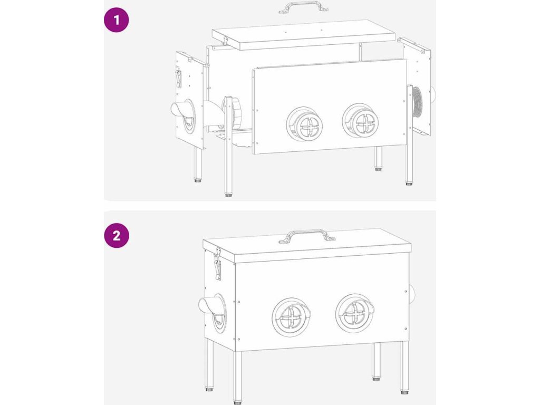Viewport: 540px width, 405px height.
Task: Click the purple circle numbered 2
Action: click(x=117, y=236)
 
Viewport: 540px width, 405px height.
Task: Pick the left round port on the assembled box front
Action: click(x=291, y=316)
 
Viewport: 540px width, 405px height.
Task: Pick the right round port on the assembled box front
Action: click(x=355, y=313)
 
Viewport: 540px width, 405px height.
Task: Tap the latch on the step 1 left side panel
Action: click(x=178, y=78)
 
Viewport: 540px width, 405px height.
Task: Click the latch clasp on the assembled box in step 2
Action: click(x=218, y=264)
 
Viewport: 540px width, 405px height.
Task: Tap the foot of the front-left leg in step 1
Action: click(x=228, y=195)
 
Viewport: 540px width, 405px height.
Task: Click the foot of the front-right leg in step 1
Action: click(x=409, y=184)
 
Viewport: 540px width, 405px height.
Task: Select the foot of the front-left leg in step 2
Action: click(x=237, y=402)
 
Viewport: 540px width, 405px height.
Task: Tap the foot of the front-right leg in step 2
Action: click(x=404, y=392)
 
